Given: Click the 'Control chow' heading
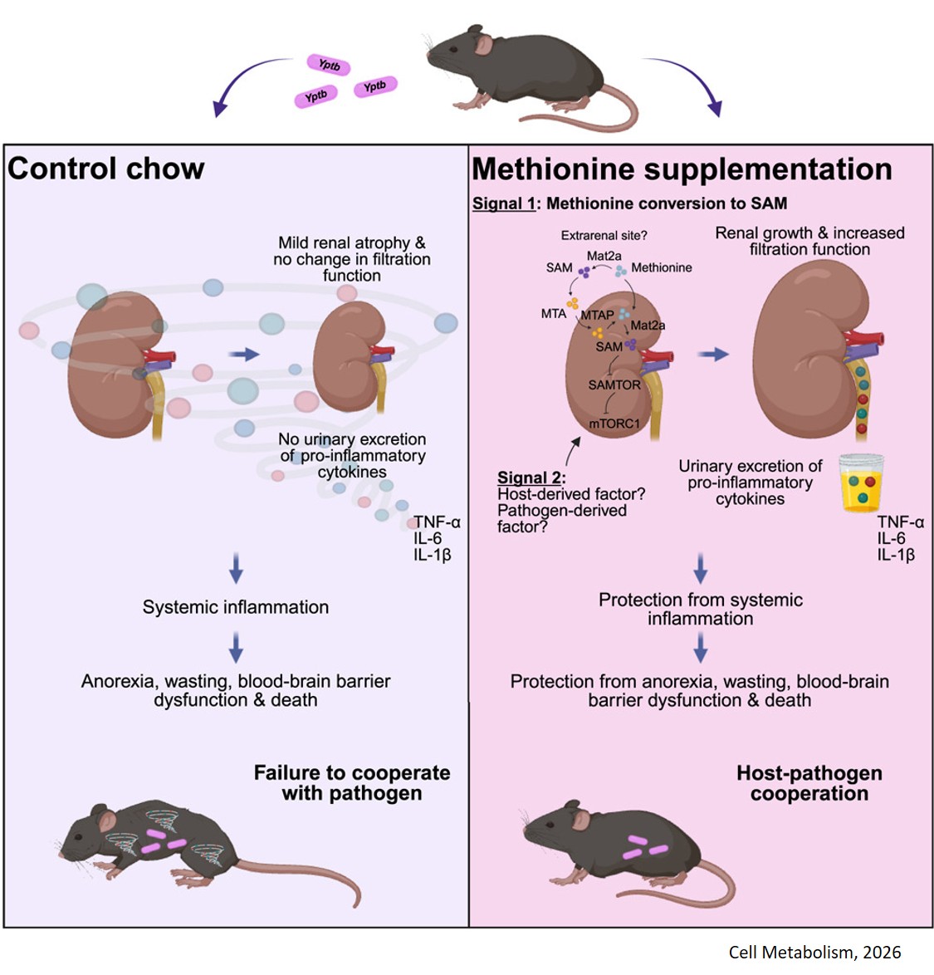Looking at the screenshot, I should coord(106,169).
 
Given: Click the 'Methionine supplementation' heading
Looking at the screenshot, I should coord(682,169).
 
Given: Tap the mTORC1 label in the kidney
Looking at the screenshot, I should coord(614,424).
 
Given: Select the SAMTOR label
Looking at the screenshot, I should coord(614,385).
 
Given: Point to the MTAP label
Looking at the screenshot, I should coord(597,316).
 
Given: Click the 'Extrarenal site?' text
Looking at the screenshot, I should coord(604,236).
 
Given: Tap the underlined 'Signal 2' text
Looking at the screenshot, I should coord(531,478).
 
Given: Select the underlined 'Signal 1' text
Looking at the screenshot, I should coord(504,203).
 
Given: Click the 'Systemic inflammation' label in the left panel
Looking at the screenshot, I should coord(236,607).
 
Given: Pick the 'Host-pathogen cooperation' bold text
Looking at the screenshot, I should coord(809,783).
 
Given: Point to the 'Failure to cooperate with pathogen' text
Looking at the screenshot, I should coord(352,783).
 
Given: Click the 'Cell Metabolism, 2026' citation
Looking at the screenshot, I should coord(814,953).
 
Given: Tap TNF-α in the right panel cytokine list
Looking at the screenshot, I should coord(900,522).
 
